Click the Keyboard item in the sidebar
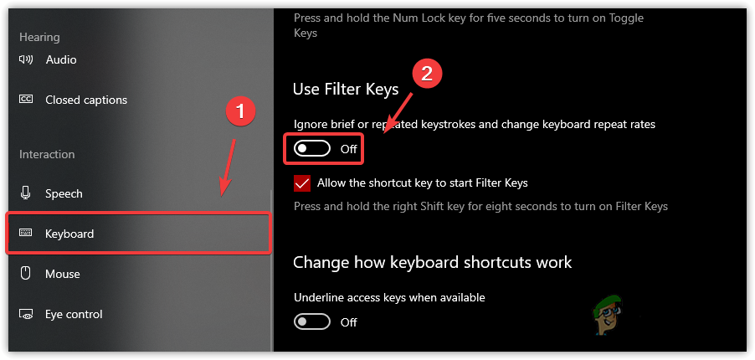click(x=69, y=234)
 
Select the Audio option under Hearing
click(x=61, y=59)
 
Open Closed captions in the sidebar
click(x=85, y=100)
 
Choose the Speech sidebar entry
click(x=64, y=193)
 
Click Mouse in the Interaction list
click(x=63, y=274)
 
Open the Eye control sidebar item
click(x=74, y=314)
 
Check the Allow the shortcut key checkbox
click(x=302, y=183)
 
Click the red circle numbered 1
click(x=241, y=111)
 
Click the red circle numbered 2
click(x=427, y=73)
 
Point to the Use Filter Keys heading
click(x=346, y=89)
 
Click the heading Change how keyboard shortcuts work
click(x=432, y=262)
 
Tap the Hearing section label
click(x=39, y=37)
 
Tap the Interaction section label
click(x=47, y=154)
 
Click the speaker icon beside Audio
click(x=26, y=59)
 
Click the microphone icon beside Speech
click(x=26, y=193)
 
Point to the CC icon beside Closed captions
click(x=26, y=100)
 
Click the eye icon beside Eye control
click(x=26, y=315)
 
